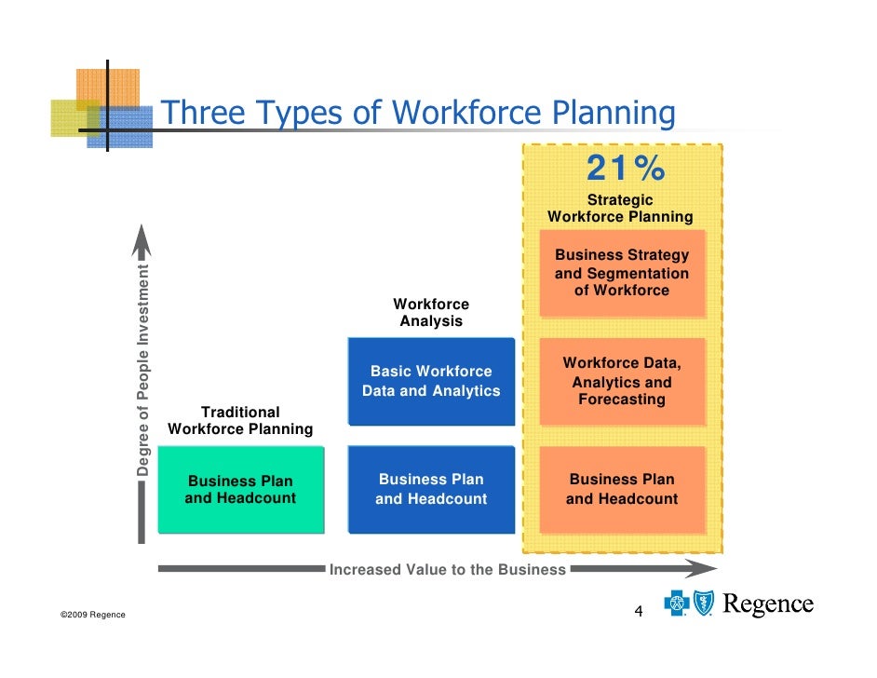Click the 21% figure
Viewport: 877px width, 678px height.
pyautogui.click(x=625, y=169)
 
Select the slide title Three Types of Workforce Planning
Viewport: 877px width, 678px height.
pyautogui.click(x=418, y=113)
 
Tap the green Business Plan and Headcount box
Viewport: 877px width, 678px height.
pyautogui.click(x=240, y=490)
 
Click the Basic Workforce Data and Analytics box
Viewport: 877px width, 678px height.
pyautogui.click(x=431, y=381)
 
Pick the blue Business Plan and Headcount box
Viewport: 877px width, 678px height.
pyautogui.click(x=431, y=489)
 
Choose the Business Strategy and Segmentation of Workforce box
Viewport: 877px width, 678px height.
pyautogui.click(x=622, y=273)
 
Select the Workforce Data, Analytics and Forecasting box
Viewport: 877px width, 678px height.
pyautogui.click(x=622, y=382)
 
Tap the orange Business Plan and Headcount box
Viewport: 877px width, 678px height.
pyautogui.click(x=622, y=489)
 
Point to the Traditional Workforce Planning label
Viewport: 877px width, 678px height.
pyautogui.click(x=240, y=421)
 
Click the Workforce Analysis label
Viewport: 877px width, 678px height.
pyautogui.click(x=431, y=313)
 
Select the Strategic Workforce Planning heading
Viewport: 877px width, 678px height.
pyautogui.click(x=620, y=209)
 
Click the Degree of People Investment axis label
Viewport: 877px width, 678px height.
pyautogui.click(x=142, y=371)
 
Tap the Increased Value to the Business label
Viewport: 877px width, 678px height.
pyautogui.click(x=448, y=570)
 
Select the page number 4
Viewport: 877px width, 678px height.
pyautogui.click(x=639, y=611)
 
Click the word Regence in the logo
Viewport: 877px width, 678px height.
pyautogui.click(x=768, y=605)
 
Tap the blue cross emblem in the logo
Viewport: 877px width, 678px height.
pyautogui.click(x=676, y=603)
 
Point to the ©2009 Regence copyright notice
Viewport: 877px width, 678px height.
pyautogui.click(x=92, y=616)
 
